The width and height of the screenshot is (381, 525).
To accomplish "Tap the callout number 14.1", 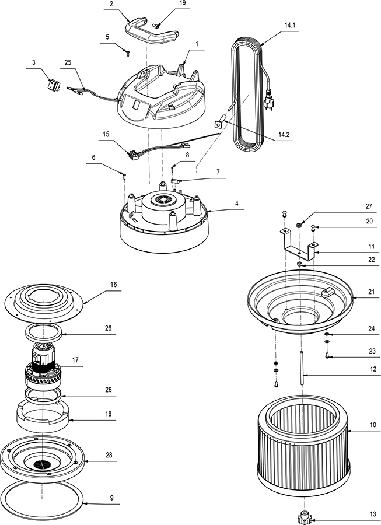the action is (x=289, y=25).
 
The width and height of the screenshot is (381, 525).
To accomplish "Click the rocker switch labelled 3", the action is (x=54, y=85).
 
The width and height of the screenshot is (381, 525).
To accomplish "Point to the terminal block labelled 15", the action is (x=133, y=155).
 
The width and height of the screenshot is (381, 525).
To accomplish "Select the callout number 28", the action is (x=109, y=455).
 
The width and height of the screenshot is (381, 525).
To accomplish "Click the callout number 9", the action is (x=111, y=498).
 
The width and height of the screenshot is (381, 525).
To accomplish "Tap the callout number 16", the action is (x=113, y=284).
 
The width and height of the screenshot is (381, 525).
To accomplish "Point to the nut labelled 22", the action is (x=300, y=264).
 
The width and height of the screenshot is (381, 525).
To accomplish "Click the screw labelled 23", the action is (x=327, y=356).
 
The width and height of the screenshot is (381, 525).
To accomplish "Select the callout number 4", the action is (x=237, y=203).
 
